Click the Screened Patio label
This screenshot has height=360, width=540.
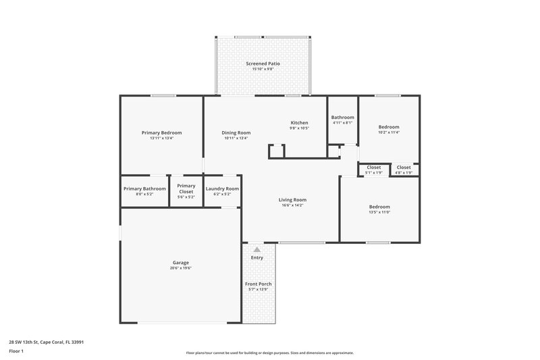pyautogui.click(x=263, y=63)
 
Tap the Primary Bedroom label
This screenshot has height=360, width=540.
pyautogui.click(x=161, y=132)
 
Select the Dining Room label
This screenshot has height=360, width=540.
pyautogui.click(x=236, y=132)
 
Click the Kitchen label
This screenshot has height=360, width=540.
pyautogui.click(x=299, y=122)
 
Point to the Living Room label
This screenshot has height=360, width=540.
pyautogui.click(x=293, y=199)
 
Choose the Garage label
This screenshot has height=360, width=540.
pyautogui.click(x=180, y=262)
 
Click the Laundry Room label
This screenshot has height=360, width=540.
pyautogui.click(x=222, y=188)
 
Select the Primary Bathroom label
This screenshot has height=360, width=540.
pyautogui.click(x=144, y=188)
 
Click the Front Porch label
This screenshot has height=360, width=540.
pyautogui.click(x=258, y=284)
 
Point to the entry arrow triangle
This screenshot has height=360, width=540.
pyautogui.click(x=256, y=250)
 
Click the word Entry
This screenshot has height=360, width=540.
pyautogui.click(x=257, y=257)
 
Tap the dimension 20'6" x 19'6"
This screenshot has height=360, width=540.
pyautogui.click(x=180, y=268)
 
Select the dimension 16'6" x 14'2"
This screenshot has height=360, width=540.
pyautogui.click(x=293, y=205)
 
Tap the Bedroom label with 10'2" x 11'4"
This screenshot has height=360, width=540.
pyautogui.click(x=389, y=127)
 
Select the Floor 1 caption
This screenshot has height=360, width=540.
pyautogui.click(x=16, y=351)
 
